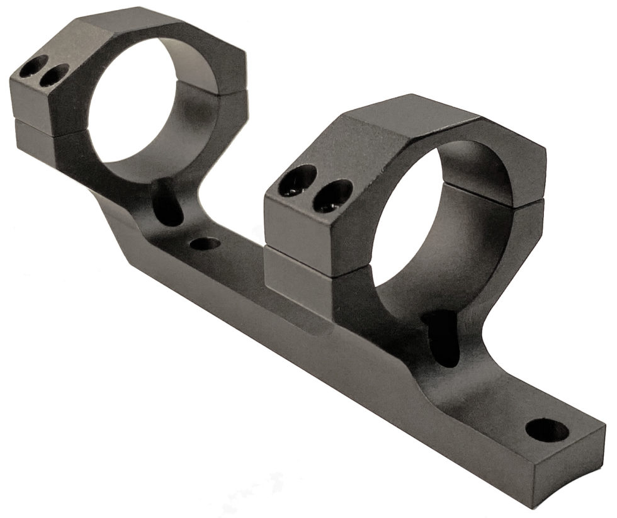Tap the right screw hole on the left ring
[x=52, y=76]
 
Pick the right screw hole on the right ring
[x=332, y=196]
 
